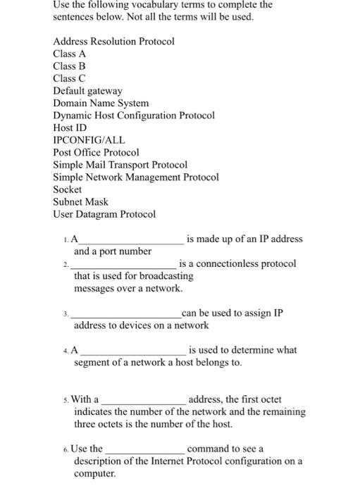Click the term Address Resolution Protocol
pyautogui.click(x=113, y=42)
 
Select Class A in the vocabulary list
pyautogui.click(x=70, y=54)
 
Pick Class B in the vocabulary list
pyautogui.click(x=69, y=66)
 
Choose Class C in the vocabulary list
pyautogui.click(x=69, y=78)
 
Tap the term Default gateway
pyautogui.click(x=87, y=91)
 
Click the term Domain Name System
pyautogui.click(x=101, y=103)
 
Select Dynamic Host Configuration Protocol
pyautogui.click(x=133, y=116)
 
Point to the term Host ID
pyautogui.click(x=70, y=127)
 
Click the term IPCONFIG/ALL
pyautogui.click(x=89, y=140)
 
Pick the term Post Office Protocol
pyautogui.click(x=96, y=152)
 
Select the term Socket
pyautogui.click(x=68, y=189)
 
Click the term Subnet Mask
pyautogui.click(x=80, y=202)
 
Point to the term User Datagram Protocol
pyautogui.click(x=104, y=214)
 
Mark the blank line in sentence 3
pyautogui.click(x=125, y=316)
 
